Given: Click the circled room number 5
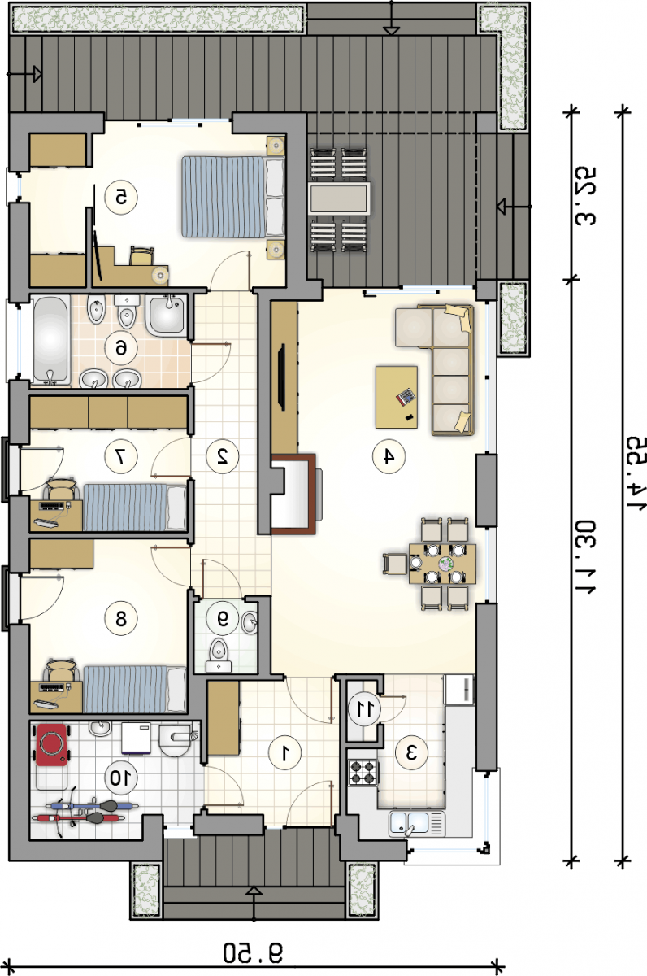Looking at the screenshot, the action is tap(121, 198).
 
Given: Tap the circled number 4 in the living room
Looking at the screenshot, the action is tap(389, 456).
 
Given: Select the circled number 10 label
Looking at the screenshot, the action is tap(121, 778).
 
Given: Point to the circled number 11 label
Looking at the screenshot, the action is tap(364, 709).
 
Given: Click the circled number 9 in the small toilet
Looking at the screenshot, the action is tap(223, 618).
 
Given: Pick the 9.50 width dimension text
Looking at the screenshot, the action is tap(253, 952).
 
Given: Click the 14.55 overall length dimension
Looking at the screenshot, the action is tap(636, 475).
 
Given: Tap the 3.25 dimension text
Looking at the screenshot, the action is tap(585, 196).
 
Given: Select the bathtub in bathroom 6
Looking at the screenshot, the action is tap(52, 340).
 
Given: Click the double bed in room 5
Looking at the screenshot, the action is tap(233, 197).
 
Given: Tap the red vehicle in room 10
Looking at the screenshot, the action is tap(52, 745).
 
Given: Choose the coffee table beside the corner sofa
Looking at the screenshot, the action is tap(397, 397).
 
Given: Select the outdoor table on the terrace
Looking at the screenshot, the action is tap(339, 198).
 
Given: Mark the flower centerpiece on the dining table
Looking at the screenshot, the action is tap(445, 564).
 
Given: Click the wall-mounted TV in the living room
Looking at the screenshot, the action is tap(282, 377).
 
